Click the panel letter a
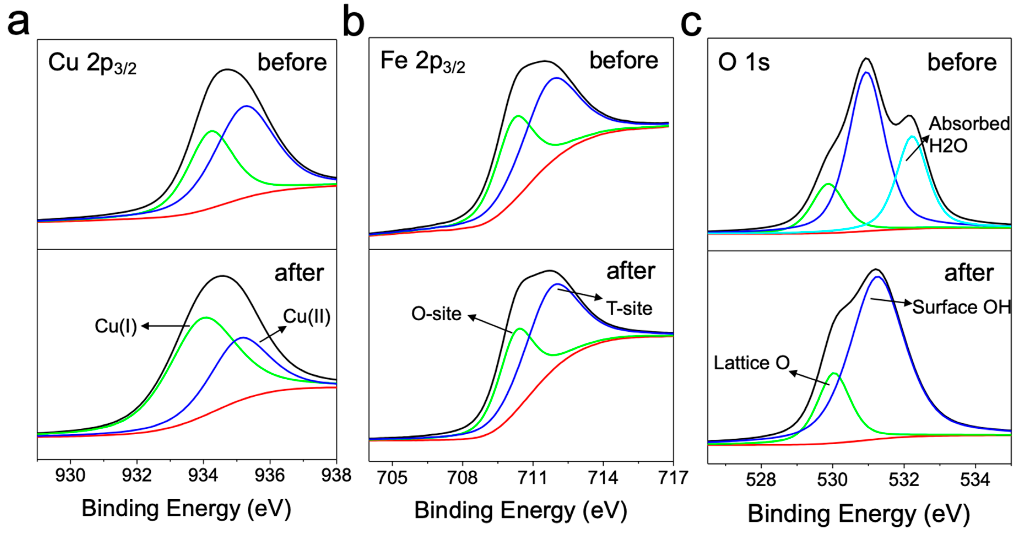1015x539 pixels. pyautogui.click(x=18, y=23)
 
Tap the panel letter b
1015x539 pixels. pyautogui.click(x=353, y=22)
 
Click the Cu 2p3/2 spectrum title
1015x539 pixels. pyautogui.click(x=92, y=64)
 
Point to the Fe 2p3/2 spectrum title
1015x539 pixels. pyautogui.click(x=423, y=62)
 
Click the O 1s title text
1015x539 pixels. pyautogui.click(x=743, y=63)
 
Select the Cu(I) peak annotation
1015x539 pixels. pyautogui.click(x=116, y=326)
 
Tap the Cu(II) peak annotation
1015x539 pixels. pyautogui.click(x=307, y=317)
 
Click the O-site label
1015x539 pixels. pyautogui.click(x=436, y=314)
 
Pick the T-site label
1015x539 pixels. pyautogui.click(x=629, y=308)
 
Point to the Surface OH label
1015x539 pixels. pyautogui.click(x=961, y=307)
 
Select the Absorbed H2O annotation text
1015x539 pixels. pyautogui.click(x=968, y=135)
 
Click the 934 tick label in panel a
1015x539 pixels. pyautogui.click(x=203, y=476)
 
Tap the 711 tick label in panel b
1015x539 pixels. pyautogui.click(x=533, y=478)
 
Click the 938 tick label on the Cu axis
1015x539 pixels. pyautogui.click(x=336, y=476)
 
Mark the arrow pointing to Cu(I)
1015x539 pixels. pyautogui.click(x=166, y=326)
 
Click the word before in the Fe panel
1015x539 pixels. pyautogui.click(x=624, y=61)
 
